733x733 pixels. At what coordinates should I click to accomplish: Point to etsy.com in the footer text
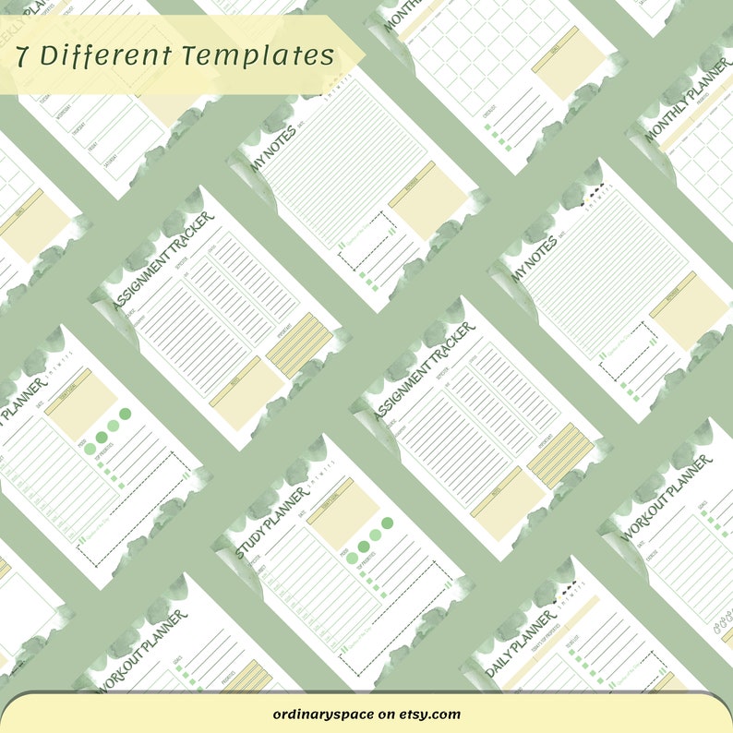tap(431, 714)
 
